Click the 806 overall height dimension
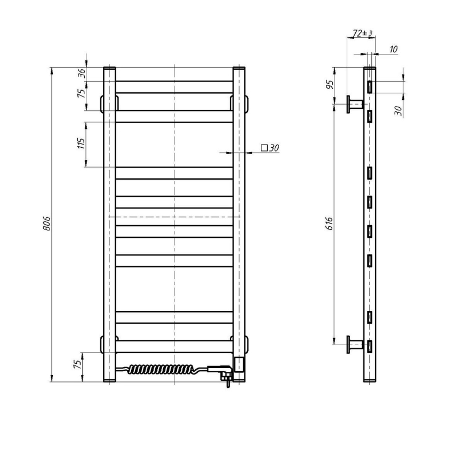[x=46, y=224]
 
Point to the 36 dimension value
[x=82, y=74]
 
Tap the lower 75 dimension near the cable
[x=78, y=365]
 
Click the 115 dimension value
[x=81, y=145]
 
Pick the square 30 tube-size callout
[x=270, y=148]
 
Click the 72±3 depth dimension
[x=362, y=34]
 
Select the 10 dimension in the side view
[x=393, y=50]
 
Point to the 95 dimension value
[x=330, y=84]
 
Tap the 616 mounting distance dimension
[x=330, y=222]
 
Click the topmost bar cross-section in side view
[x=369, y=86]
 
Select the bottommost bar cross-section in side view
[x=369, y=347]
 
